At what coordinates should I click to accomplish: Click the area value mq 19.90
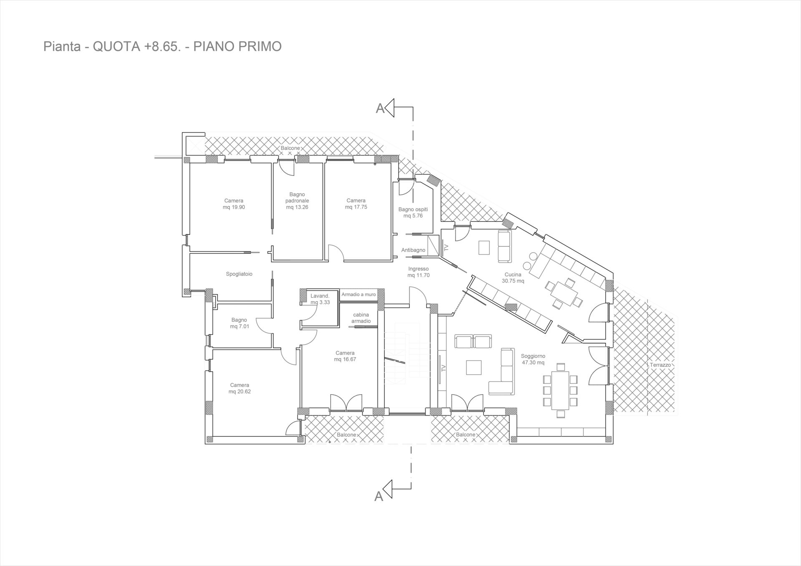234,207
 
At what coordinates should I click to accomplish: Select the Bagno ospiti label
413,209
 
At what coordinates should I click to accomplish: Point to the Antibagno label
413,250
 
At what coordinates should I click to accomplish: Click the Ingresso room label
418,269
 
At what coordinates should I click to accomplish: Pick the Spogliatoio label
239,274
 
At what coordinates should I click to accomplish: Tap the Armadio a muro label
358,294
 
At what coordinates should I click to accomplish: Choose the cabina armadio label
361,318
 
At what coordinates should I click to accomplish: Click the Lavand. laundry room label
320,296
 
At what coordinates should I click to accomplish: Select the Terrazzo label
660,365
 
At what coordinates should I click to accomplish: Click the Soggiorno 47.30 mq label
533,359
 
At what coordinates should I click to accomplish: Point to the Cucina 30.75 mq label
513,278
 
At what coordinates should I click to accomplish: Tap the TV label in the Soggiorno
443,368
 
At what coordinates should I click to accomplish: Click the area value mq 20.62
239,391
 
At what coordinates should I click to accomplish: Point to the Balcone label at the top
290,148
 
